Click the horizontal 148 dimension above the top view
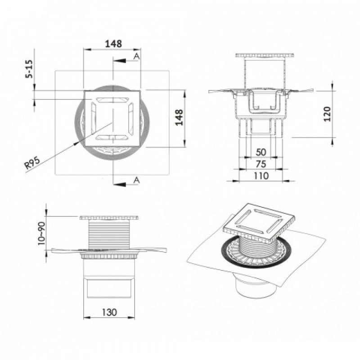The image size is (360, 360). [x=113, y=44]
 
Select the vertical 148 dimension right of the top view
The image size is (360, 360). [x=179, y=117]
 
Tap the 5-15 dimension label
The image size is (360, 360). [x=29, y=69]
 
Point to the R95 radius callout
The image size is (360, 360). [x=32, y=162]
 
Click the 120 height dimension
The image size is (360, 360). [x=327, y=114]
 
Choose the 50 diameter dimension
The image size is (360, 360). [x=261, y=152]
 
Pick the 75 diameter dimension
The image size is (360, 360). [x=261, y=164]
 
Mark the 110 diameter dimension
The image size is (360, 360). [x=261, y=176]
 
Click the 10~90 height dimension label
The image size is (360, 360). [x=42, y=233]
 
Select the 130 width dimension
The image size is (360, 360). [x=109, y=312]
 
